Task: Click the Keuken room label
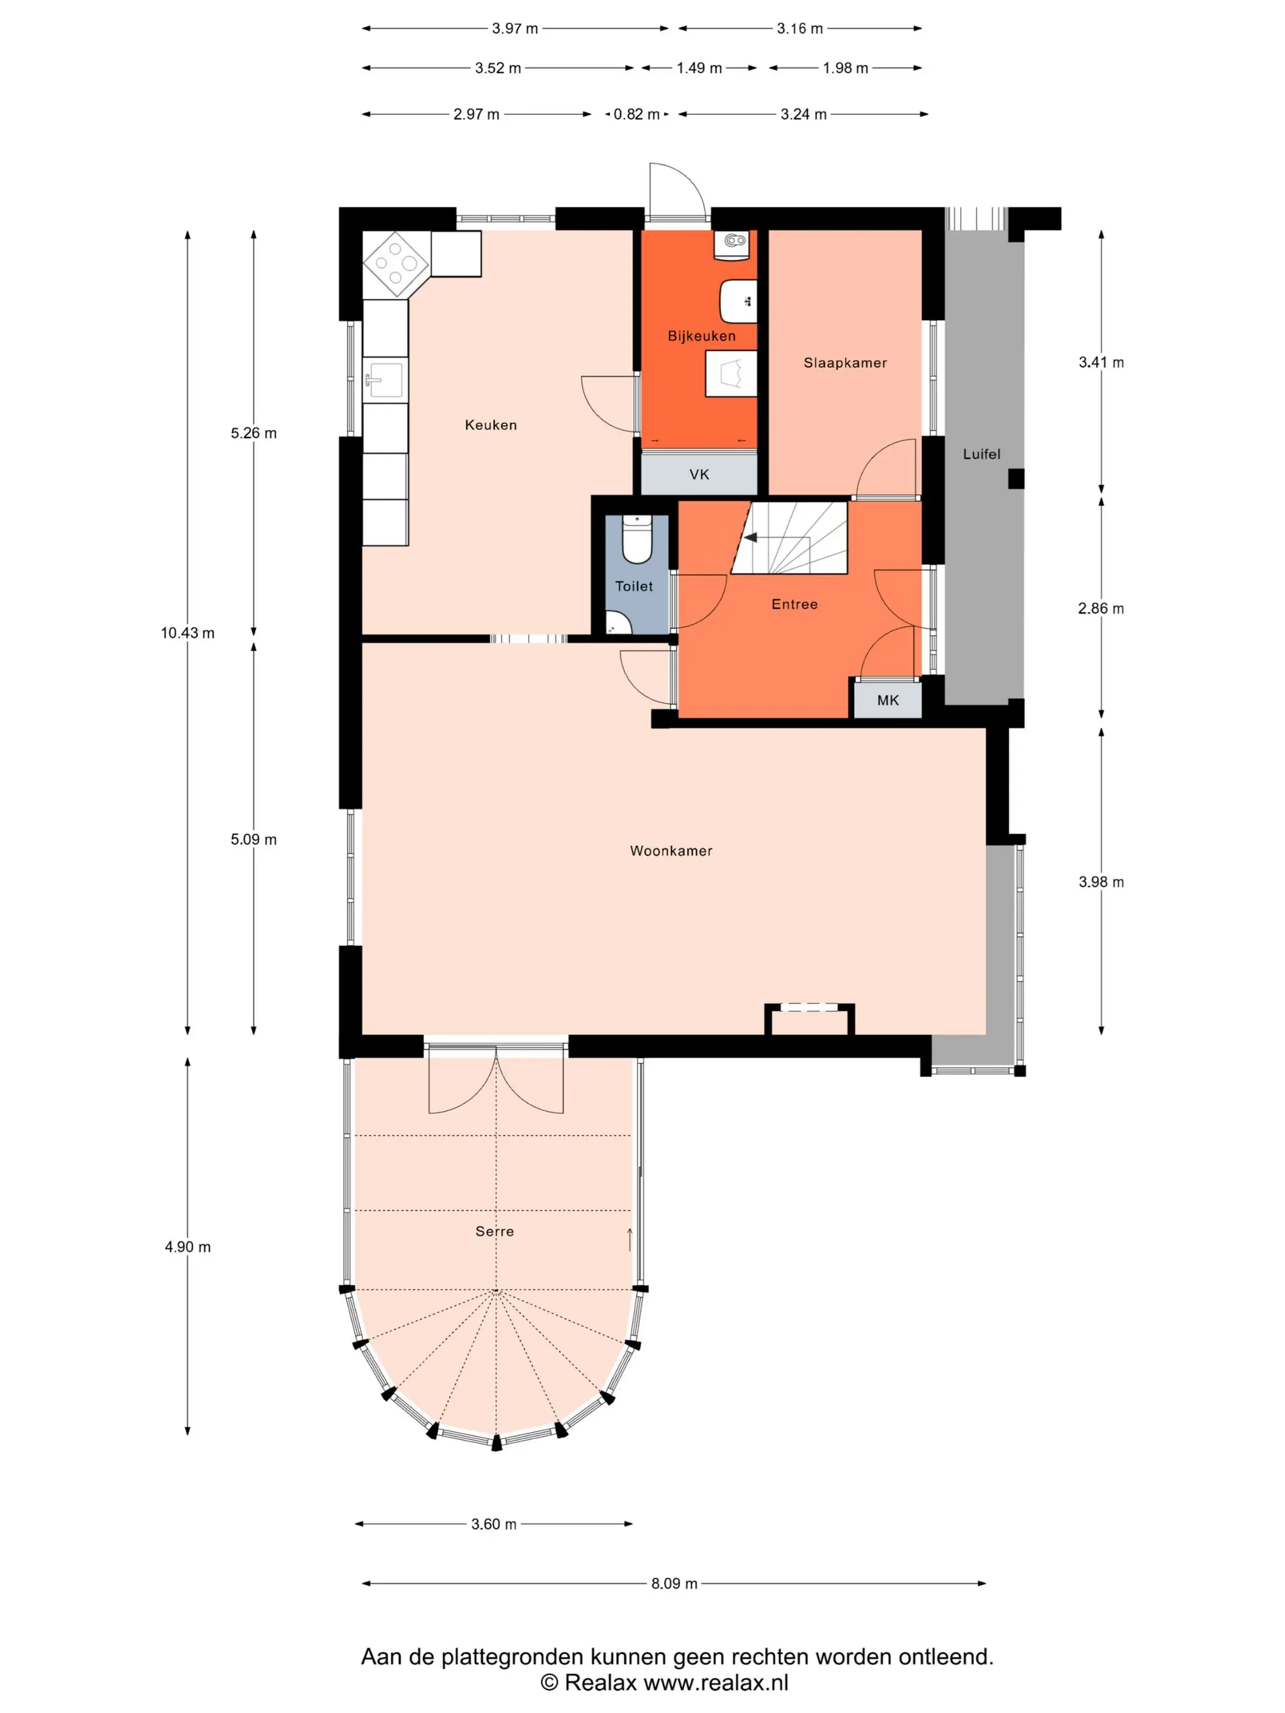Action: point(490,425)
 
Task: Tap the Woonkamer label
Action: point(671,850)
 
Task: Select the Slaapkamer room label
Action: point(845,362)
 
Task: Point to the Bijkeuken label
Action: point(701,335)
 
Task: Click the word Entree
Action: point(794,604)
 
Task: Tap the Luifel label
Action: point(981,454)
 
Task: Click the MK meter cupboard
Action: point(888,700)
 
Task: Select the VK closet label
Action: point(699,474)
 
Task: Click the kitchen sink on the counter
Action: point(385,379)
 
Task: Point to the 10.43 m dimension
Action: point(187,633)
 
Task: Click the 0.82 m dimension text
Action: point(636,114)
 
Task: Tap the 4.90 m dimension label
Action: point(187,1247)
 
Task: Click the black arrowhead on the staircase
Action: point(750,537)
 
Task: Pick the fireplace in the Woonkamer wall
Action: point(810,1019)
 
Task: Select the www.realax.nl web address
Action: point(716,1682)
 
